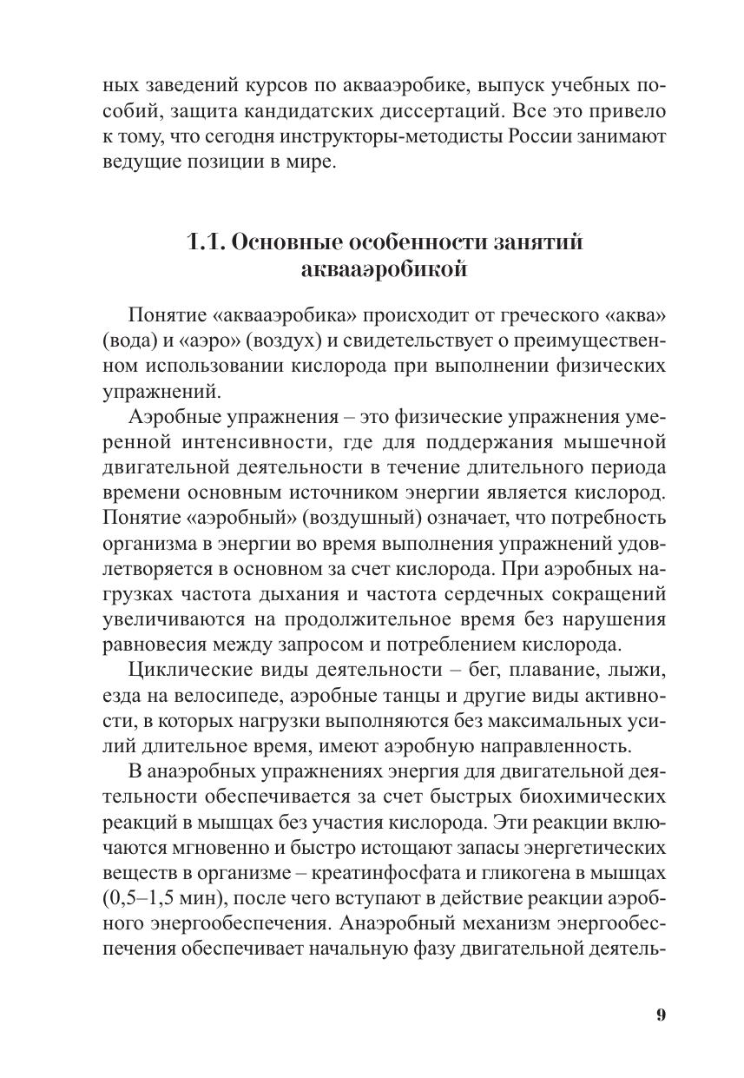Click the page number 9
click(661, 1015)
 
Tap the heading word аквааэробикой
click(383, 269)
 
